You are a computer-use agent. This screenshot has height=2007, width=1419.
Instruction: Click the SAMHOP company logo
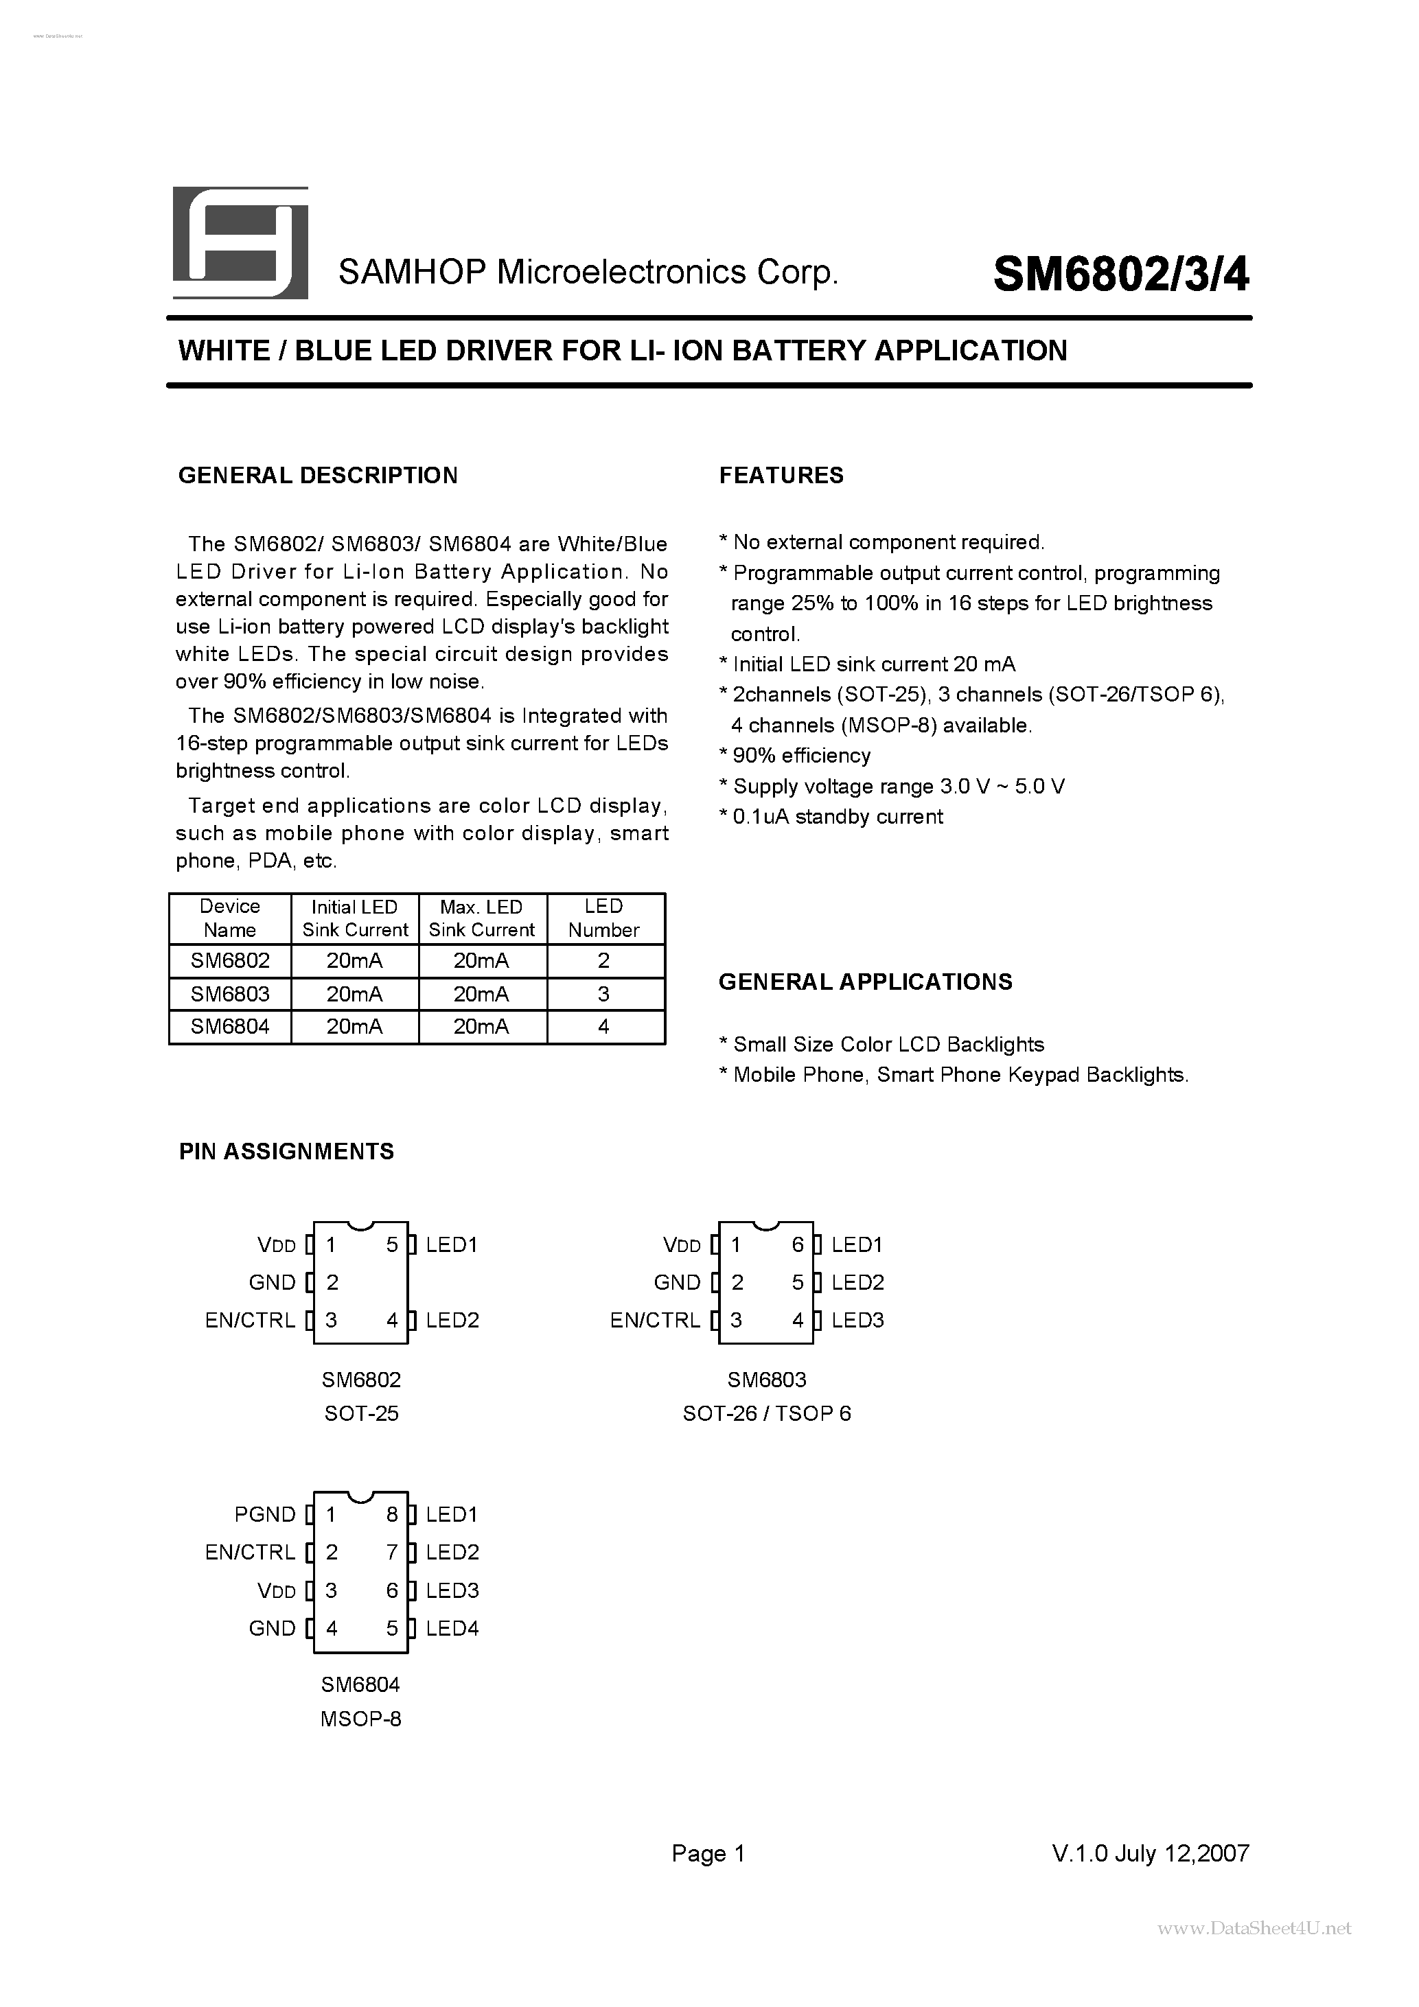(240, 242)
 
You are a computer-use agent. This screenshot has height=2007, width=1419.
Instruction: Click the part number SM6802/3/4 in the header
(1121, 275)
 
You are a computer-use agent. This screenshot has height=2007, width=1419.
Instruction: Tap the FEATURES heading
(781, 476)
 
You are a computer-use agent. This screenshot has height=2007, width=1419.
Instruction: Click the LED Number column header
(603, 918)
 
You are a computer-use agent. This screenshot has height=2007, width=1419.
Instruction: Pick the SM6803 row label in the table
(230, 994)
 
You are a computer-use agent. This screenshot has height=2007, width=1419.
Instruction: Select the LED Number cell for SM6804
(603, 1026)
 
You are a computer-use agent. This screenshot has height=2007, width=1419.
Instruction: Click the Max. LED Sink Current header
(482, 918)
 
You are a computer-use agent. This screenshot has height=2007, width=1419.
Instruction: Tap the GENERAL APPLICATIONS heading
(865, 982)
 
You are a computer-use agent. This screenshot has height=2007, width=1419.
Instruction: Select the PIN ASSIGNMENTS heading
(287, 1151)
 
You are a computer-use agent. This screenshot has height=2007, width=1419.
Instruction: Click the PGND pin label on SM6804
(265, 1515)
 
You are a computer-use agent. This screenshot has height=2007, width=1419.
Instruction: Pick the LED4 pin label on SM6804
(452, 1629)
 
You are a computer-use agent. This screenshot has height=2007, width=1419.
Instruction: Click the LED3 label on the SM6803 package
(857, 1320)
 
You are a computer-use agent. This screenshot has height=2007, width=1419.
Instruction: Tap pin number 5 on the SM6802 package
(392, 1244)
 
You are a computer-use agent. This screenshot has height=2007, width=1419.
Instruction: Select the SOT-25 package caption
(361, 1413)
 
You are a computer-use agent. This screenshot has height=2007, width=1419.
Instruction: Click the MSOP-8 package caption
(360, 1719)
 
